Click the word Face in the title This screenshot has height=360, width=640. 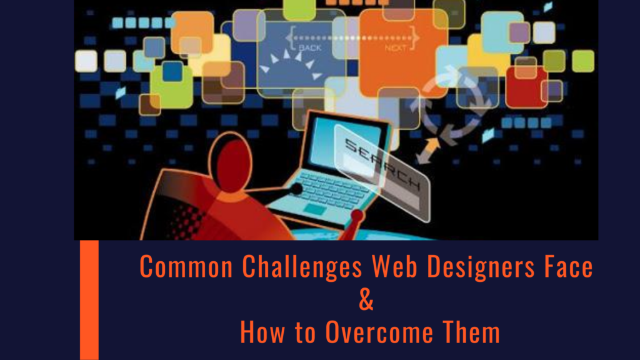coord(566,267)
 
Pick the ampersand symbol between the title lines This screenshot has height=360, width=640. coord(367,300)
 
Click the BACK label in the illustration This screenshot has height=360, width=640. coord(311,47)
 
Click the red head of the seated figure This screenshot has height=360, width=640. coord(230,166)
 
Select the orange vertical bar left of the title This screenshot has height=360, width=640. coord(89,300)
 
